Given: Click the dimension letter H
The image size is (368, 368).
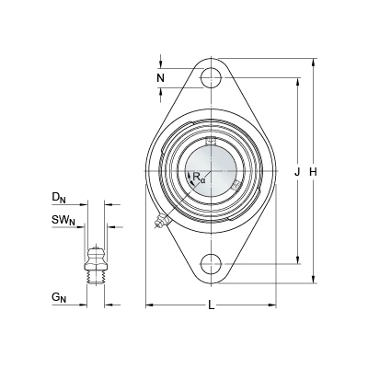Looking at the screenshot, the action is (x=313, y=172).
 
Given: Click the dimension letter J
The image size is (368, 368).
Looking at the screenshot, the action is (x=297, y=172).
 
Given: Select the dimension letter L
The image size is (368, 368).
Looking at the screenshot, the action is (x=211, y=305).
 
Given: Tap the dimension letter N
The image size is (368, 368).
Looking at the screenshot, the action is (x=161, y=78).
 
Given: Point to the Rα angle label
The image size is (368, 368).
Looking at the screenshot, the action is (x=199, y=178).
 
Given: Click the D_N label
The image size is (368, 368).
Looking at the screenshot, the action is (x=59, y=198).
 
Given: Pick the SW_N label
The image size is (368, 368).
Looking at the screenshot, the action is (x=63, y=221).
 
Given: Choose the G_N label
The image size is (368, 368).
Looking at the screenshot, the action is (x=59, y=297).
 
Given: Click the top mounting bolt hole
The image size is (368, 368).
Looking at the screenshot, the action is (x=212, y=77).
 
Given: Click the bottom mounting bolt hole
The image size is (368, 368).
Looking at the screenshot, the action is (x=212, y=264).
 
